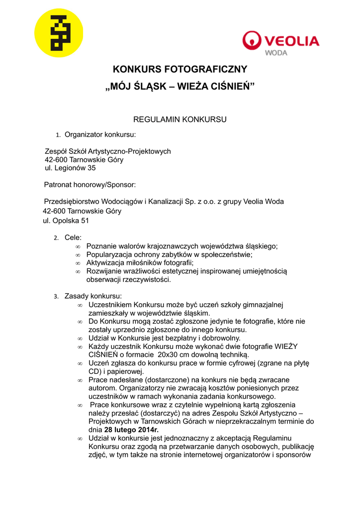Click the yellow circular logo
pos(59,33)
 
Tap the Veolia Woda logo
pos(280,43)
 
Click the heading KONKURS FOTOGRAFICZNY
pos(180,69)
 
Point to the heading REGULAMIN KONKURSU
pos(180,119)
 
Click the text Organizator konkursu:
pos(100,134)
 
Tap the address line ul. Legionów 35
pos(70,168)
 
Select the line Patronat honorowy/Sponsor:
pos(90,185)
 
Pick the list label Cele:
pos(73,238)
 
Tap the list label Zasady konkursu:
pos(90,296)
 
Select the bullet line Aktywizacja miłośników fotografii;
pos(140,263)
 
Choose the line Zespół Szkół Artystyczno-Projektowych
pos(108,151)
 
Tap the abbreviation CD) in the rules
pos(95,371)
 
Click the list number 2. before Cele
pos(56,238)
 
